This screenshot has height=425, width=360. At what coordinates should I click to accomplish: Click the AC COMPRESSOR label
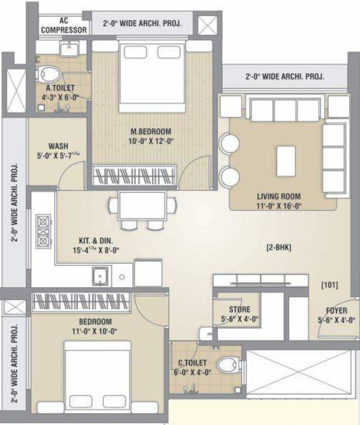(64, 25)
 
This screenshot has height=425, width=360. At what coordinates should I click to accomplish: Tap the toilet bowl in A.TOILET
(50, 73)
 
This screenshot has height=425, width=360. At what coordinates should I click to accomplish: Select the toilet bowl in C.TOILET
(227, 364)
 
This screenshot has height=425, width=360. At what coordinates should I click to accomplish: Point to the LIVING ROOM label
(279, 196)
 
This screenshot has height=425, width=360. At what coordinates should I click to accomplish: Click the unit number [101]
(330, 285)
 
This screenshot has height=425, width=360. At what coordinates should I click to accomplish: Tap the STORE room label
(239, 309)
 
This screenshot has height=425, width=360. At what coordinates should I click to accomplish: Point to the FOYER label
(336, 310)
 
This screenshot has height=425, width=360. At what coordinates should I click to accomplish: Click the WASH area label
(58, 147)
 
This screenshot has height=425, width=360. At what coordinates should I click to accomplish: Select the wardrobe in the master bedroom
(135, 175)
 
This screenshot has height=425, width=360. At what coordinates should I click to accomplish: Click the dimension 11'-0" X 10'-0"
(91, 331)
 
